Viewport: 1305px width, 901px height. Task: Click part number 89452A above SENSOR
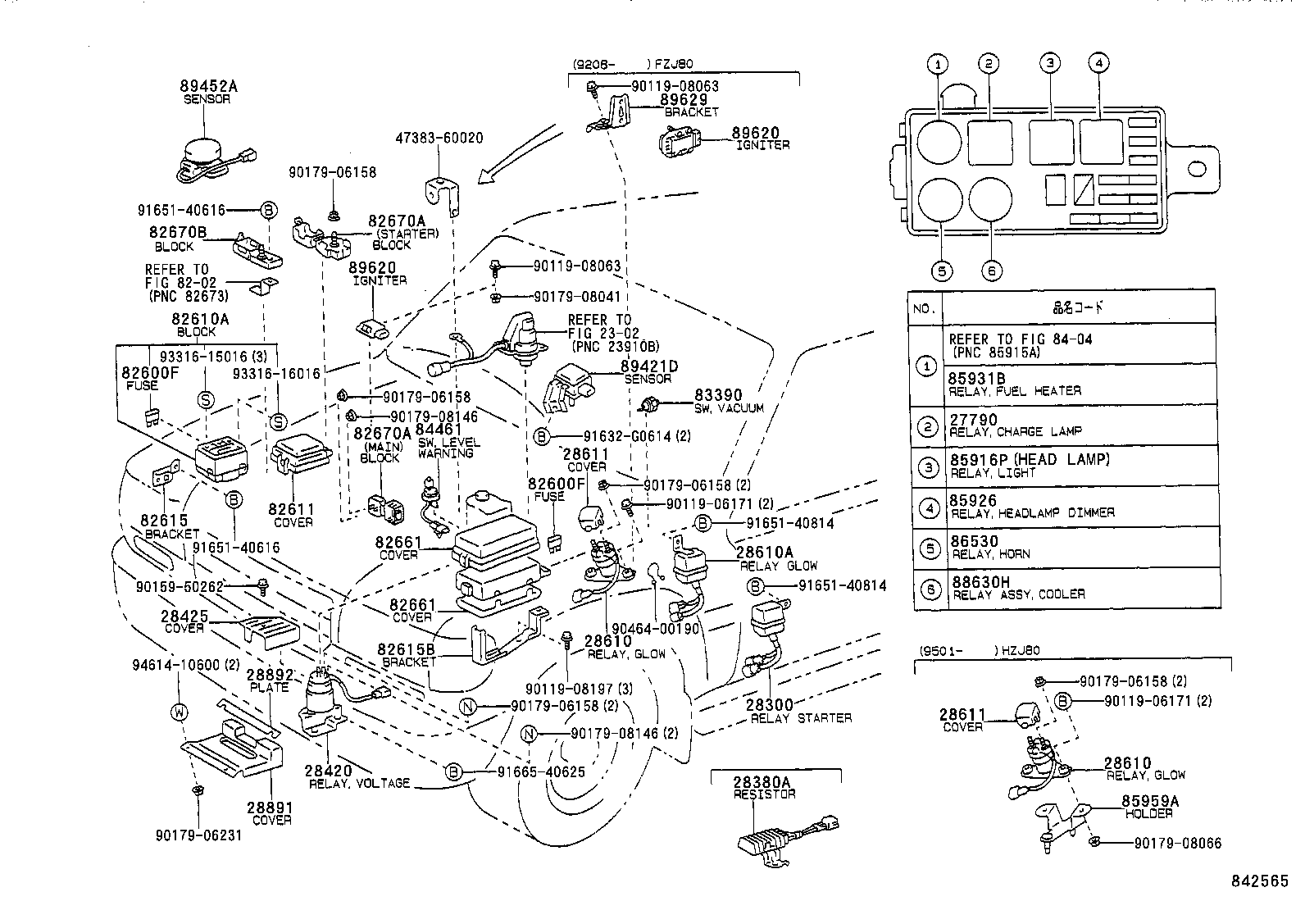click(x=209, y=86)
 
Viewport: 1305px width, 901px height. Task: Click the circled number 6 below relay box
click(x=992, y=271)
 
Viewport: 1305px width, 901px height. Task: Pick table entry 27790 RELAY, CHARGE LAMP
click(x=1015, y=425)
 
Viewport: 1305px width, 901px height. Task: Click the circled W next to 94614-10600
click(x=178, y=712)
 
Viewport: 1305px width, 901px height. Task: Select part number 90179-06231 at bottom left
click(x=198, y=835)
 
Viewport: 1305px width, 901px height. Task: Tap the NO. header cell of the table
click(x=925, y=308)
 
